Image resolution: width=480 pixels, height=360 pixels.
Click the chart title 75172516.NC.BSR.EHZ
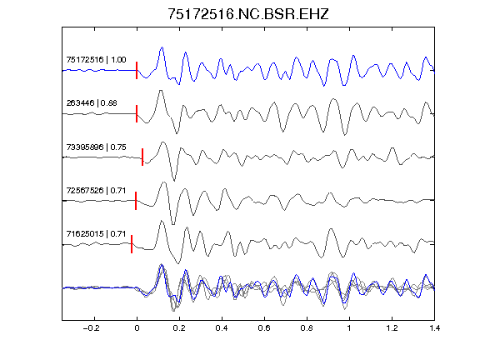click(248, 14)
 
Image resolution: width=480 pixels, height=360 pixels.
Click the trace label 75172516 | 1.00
click(96, 59)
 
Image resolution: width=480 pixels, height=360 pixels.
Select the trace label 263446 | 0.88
click(92, 102)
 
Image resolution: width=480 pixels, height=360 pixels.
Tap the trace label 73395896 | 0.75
click(96, 147)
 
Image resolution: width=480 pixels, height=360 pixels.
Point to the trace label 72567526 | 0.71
click(96, 190)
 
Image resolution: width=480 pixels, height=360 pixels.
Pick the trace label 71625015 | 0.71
click(96, 234)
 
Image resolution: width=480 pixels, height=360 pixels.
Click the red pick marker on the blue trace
click(137, 70)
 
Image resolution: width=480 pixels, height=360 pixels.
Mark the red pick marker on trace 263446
click(137, 114)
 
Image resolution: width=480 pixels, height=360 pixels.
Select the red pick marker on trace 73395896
click(142, 157)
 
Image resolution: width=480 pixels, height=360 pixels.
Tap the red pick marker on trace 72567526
click(136, 201)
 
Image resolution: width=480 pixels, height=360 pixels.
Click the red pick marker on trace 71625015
click(132, 244)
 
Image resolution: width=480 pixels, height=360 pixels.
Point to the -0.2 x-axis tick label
click(92, 328)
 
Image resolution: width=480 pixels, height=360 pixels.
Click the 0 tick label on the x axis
click(137, 328)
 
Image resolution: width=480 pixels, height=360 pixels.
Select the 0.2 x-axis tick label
click(179, 328)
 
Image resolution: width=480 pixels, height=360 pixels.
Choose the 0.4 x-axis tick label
click(222, 328)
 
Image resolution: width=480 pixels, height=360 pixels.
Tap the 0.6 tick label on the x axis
click(264, 328)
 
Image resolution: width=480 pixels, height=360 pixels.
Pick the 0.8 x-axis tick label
click(307, 328)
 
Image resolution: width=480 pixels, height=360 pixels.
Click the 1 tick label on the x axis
click(349, 328)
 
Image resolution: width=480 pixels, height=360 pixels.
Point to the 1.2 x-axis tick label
click(392, 328)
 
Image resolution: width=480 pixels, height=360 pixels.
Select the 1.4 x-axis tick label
click(434, 328)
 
